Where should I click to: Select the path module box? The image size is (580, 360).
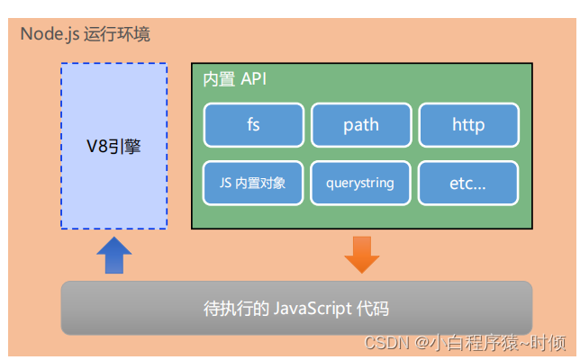[x=360, y=125]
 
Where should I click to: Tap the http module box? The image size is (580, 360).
[x=468, y=125]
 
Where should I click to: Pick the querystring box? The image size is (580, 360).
[x=360, y=183]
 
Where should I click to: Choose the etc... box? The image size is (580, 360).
[x=468, y=183]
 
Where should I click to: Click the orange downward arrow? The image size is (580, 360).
[x=361, y=254]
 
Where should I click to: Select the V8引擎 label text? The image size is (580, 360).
[x=113, y=146]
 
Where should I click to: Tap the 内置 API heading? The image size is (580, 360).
[x=235, y=79]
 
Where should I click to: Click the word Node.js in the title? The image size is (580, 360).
[x=50, y=35]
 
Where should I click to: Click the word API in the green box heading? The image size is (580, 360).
[x=253, y=79]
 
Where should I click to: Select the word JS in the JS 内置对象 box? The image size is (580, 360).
[x=225, y=183]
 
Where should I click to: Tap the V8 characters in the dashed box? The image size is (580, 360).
[x=95, y=146]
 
